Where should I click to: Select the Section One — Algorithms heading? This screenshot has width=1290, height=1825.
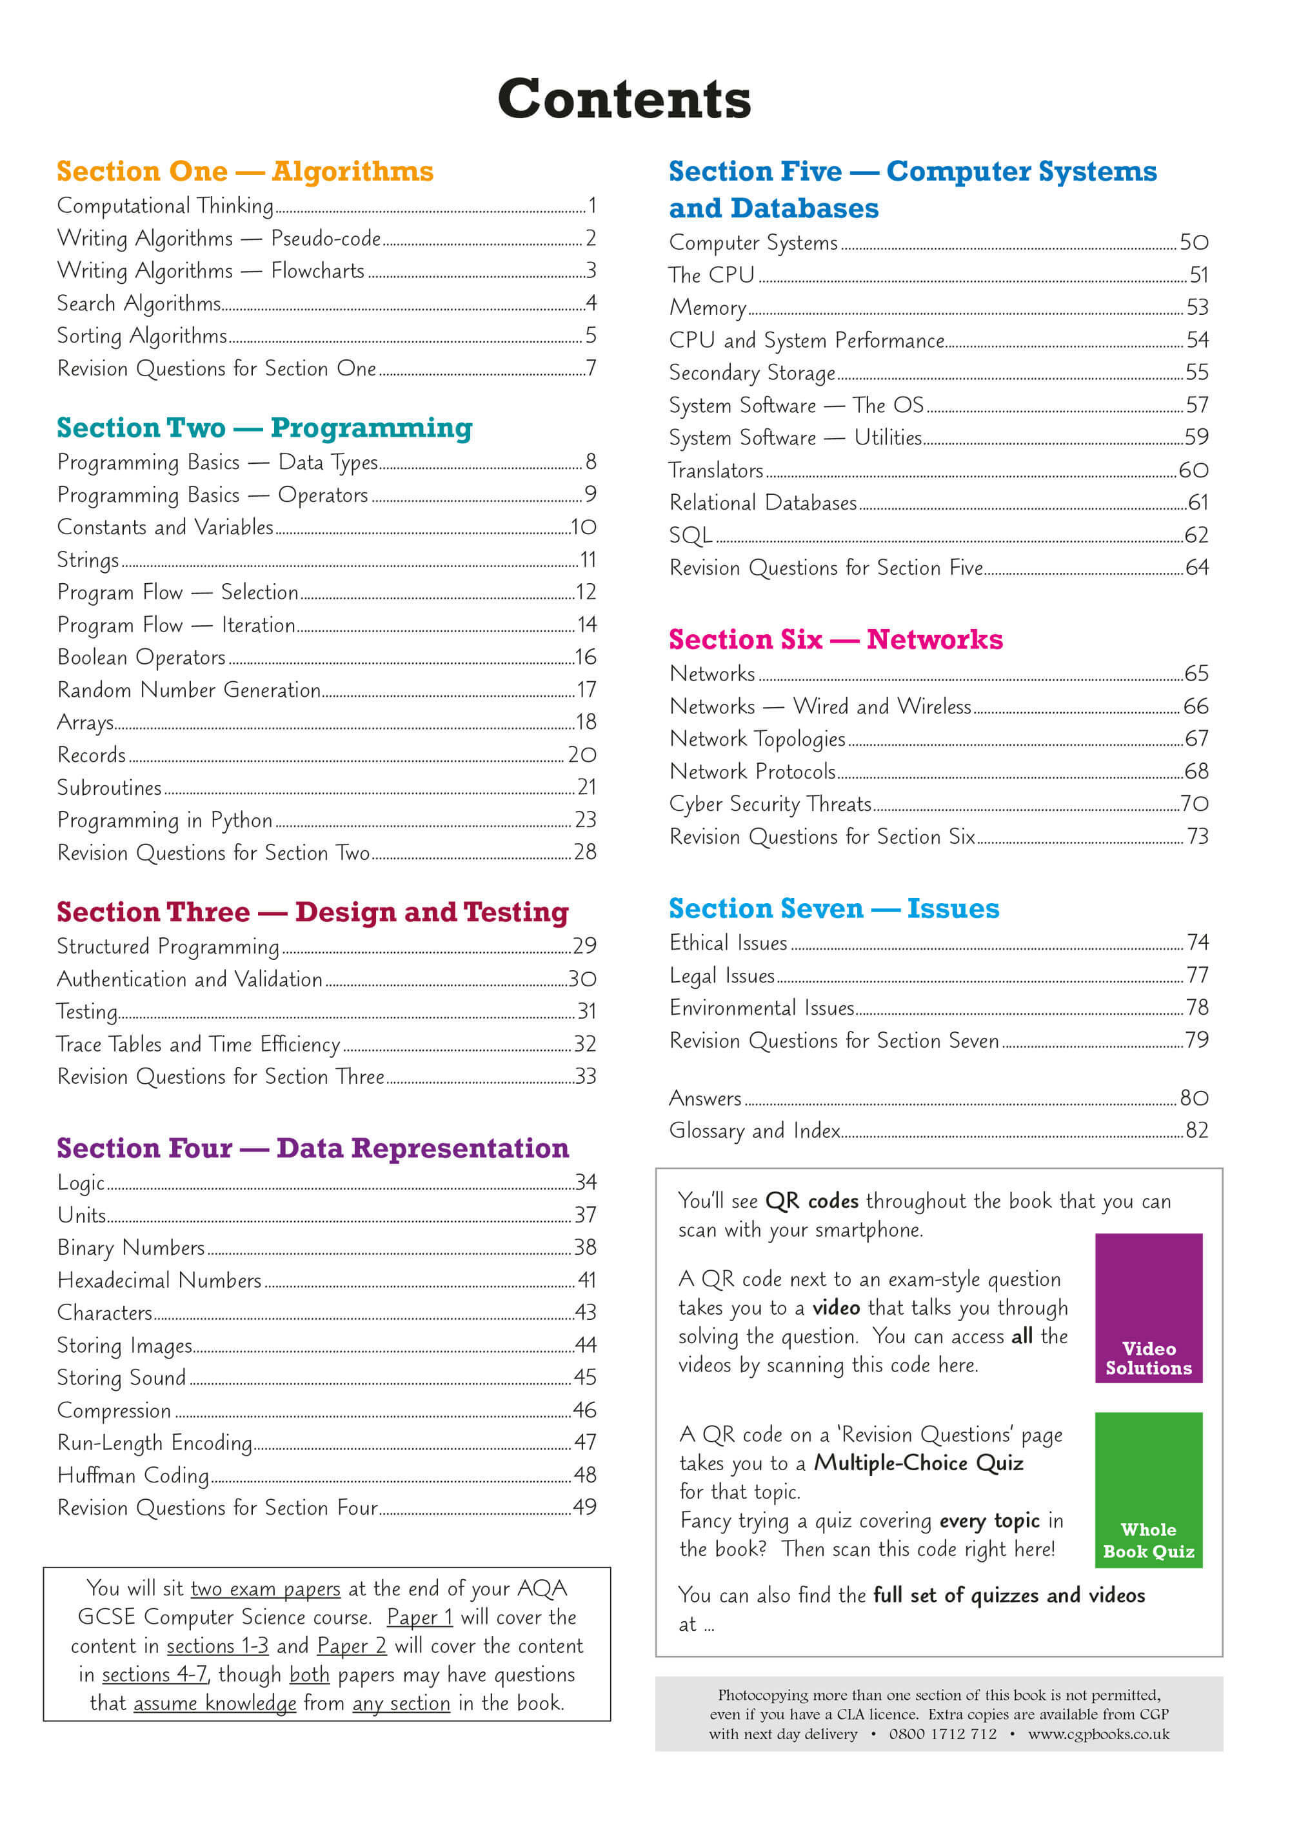tap(245, 172)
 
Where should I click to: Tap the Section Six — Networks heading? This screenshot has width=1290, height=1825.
tap(835, 640)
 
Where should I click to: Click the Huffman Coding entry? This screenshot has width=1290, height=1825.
tap(133, 1475)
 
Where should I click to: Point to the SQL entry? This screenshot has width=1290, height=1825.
tap(690, 535)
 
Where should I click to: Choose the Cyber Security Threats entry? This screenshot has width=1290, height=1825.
tap(770, 804)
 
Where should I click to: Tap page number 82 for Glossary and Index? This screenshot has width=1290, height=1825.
tap(1197, 1130)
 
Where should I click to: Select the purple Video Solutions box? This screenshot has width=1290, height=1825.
tap(1149, 1308)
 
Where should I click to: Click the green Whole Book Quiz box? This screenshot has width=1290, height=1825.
tap(1149, 1490)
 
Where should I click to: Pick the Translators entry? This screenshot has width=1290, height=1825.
tap(716, 470)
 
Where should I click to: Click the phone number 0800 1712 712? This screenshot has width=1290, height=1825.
tap(942, 1735)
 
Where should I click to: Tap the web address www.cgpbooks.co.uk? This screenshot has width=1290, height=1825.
tap(1099, 1735)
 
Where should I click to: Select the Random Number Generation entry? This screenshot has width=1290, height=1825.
tap(189, 690)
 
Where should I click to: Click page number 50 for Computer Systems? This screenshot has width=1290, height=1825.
tap(1194, 243)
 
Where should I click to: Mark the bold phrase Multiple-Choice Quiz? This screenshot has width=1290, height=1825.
tap(919, 1463)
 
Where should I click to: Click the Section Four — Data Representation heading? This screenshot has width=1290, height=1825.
tap(312, 1148)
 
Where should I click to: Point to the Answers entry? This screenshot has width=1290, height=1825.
tap(705, 1099)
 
